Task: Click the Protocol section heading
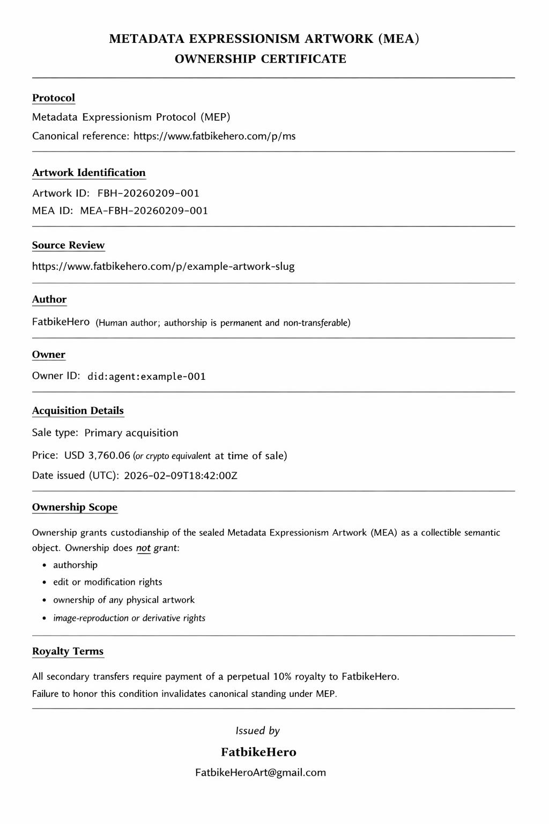pos(54,98)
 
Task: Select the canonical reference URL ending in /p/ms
pos(214,136)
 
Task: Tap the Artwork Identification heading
pos(88,173)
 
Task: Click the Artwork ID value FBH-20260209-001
pos(148,193)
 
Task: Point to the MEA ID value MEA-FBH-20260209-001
pos(144,211)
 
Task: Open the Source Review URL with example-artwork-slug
pos(163,267)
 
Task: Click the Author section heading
pos(49,299)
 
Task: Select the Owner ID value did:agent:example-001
pos(146,377)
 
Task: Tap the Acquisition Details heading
pos(78,411)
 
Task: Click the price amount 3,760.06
pos(109,455)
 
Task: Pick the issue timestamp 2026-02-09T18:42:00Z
pos(180,476)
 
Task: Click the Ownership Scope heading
pos(75,507)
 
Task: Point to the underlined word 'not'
pos(143,548)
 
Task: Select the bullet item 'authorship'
pos(75,565)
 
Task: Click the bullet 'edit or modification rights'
pos(107,582)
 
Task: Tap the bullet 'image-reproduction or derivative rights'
pos(129,618)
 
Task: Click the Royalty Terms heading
pos(68,651)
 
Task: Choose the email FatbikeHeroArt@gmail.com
pos(261,772)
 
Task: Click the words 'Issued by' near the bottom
pos(258,731)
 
